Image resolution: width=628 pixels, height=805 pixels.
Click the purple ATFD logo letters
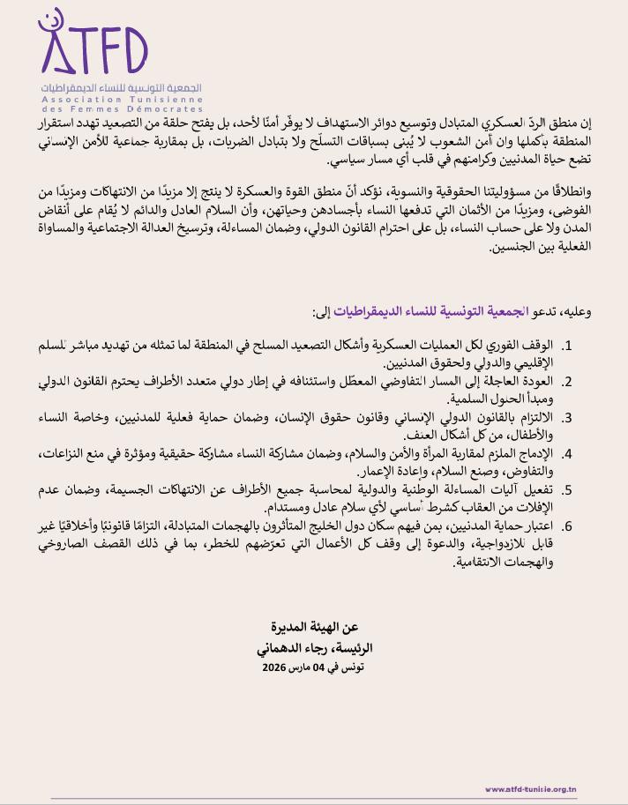93,52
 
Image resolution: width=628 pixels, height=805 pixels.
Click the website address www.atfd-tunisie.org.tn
531,789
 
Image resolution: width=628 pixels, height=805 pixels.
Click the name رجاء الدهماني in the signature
290,647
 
